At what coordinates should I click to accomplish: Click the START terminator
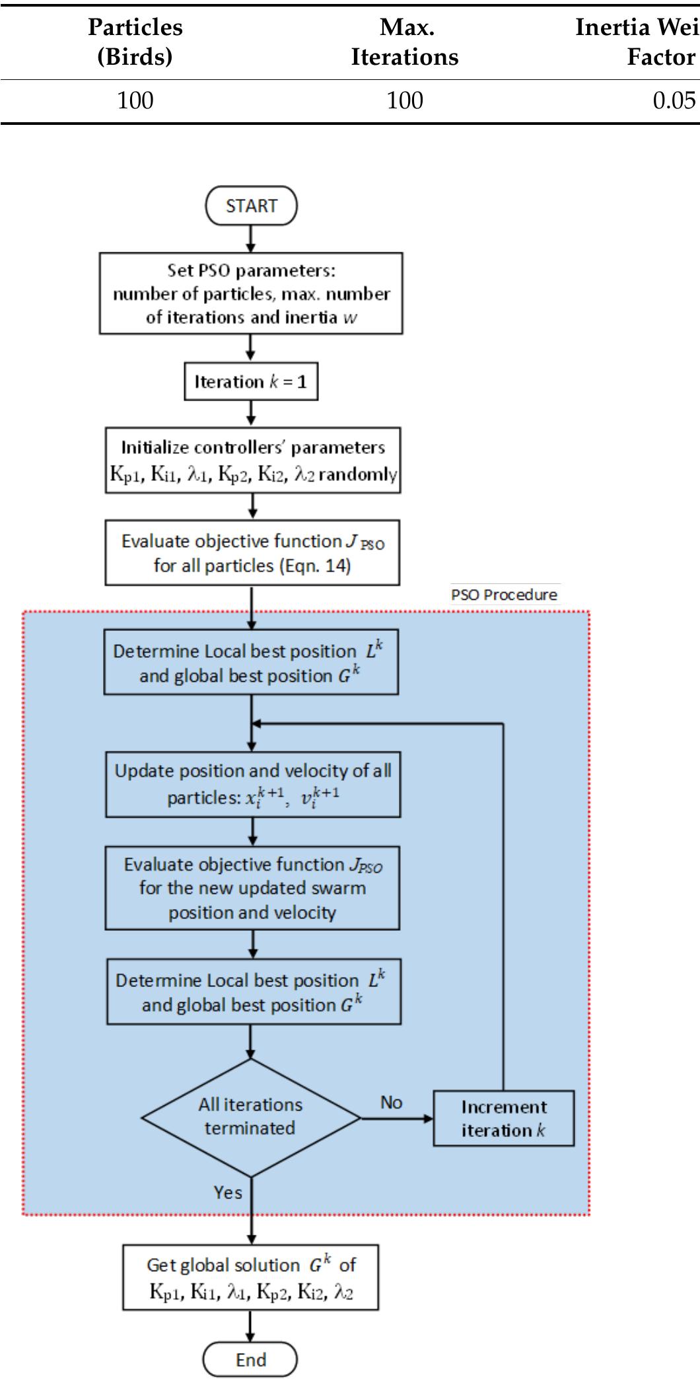point(251,206)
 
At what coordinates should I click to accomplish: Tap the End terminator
point(250,1360)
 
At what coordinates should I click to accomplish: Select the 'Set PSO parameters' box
point(251,293)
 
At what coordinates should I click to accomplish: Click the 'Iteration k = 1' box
point(251,381)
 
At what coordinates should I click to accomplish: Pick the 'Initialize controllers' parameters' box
point(253,460)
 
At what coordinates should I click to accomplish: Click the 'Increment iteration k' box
point(503,1118)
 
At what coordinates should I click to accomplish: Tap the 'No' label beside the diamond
point(391,1102)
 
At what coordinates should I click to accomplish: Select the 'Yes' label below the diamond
point(228,1192)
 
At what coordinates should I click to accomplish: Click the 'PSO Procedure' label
point(504,595)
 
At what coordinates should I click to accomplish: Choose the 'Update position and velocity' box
point(253,784)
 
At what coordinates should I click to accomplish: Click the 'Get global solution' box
point(251,1277)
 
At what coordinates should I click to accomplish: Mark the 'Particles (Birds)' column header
point(135,42)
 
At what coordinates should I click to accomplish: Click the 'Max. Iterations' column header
point(405,42)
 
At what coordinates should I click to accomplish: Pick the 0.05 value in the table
point(674,100)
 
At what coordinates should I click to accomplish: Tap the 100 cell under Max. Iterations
point(405,100)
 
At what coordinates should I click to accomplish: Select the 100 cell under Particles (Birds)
point(135,100)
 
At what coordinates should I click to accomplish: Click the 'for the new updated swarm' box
point(252,888)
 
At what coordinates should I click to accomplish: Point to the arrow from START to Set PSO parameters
point(251,238)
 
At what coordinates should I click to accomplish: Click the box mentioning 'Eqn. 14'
point(252,552)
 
